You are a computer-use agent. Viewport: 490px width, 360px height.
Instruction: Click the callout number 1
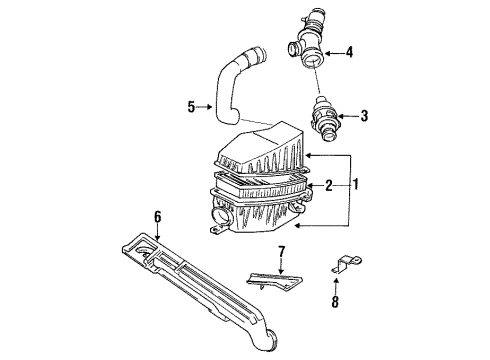point(356,184)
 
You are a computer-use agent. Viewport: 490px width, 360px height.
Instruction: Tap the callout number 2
point(329,185)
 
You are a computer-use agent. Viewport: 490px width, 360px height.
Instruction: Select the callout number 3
point(364,116)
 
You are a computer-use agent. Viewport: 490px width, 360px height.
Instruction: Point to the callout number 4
point(349,52)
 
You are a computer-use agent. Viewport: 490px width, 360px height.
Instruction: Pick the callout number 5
point(191,107)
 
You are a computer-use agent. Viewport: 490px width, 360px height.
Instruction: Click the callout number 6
point(157,217)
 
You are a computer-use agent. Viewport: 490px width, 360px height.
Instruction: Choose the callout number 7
point(282,252)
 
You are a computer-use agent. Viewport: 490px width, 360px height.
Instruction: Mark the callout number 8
point(335,302)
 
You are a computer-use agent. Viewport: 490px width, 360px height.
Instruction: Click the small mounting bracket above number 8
point(346,263)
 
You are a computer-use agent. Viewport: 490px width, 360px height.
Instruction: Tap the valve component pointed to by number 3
point(323,118)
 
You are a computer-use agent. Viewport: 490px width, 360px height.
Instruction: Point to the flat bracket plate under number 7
point(275,280)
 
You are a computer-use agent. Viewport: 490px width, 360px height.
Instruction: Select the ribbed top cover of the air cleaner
point(262,150)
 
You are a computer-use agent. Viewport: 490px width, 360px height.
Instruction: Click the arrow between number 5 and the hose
point(204,107)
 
